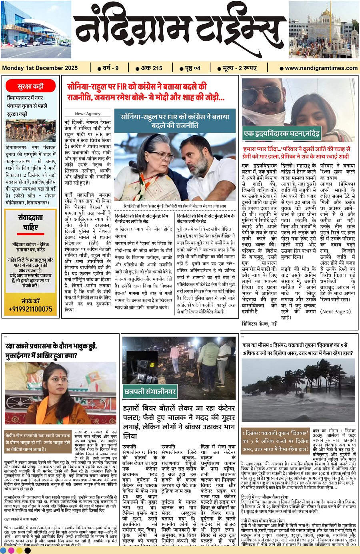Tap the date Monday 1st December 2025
pyautogui.click(x=40, y=68)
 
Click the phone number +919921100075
pyautogui.click(x=31, y=309)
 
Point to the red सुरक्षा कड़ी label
pyautogui.click(x=30, y=86)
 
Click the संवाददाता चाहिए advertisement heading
pyautogui.click(x=30, y=222)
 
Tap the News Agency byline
pyautogui.click(x=88, y=114)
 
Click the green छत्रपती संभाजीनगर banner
pyautogui.click(x=150, y=392)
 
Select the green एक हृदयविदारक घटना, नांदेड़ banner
pyautogui.click(x=282, y=134)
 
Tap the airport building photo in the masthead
pyautogui.click(x=36, y=30)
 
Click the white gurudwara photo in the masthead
pyautogui.click(x=324, y=30)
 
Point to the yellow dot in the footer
pyautogui.click(x=19, y=550)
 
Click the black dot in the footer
pyautogui.click(x=28, y=550)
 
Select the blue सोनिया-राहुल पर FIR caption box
pyautogui.click(x=175, y=121)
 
